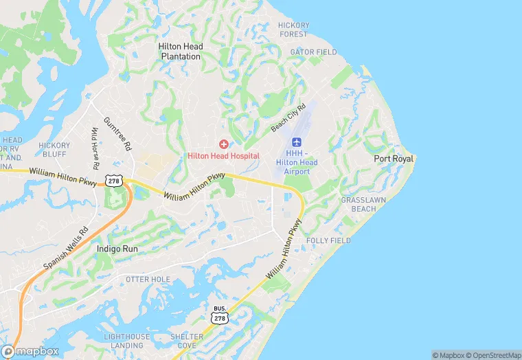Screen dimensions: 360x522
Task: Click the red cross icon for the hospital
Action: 223,144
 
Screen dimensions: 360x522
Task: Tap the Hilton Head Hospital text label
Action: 223,156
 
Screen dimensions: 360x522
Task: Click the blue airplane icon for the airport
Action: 297,141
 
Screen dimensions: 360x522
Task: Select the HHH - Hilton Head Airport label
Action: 297,162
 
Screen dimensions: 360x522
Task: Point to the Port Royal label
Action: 394,159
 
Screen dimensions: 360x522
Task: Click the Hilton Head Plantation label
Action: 181,52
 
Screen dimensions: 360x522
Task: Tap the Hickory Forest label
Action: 293,30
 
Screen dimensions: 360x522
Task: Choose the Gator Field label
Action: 313,52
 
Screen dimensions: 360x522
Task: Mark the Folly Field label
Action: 328,240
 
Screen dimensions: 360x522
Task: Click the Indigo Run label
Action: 117,248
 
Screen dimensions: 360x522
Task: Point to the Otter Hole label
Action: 148,280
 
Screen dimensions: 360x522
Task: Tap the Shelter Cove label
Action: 187,341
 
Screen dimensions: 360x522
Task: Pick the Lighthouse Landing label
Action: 127,341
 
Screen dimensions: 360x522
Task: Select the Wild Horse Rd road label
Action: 95,149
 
